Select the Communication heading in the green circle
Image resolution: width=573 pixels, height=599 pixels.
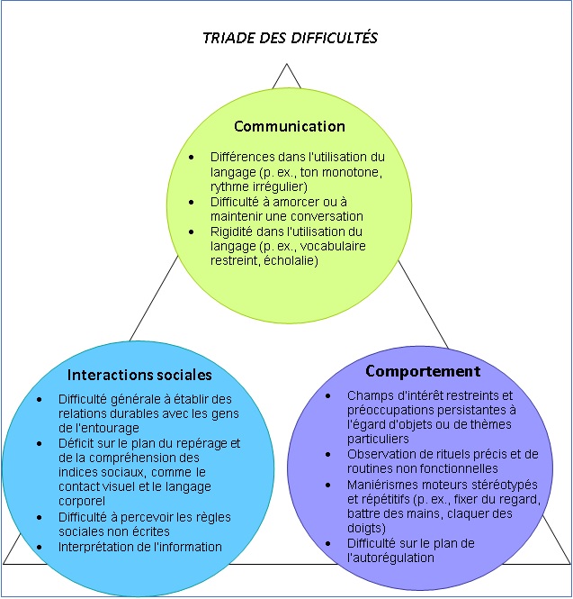[x=290, y=126]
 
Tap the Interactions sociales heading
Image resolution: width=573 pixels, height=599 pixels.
[x=139, y=374]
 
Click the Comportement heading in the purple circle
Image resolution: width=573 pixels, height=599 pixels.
[x=423, y=371]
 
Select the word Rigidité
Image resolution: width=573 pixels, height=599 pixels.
[x=232, y=231]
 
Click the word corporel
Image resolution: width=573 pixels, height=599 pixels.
[x=82, y=501]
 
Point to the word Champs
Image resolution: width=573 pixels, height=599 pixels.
[x=368, y=395]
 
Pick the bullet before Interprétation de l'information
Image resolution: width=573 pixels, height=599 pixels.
[x=40, y=547]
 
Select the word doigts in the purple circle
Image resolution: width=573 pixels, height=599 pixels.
[x=366, y=528]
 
